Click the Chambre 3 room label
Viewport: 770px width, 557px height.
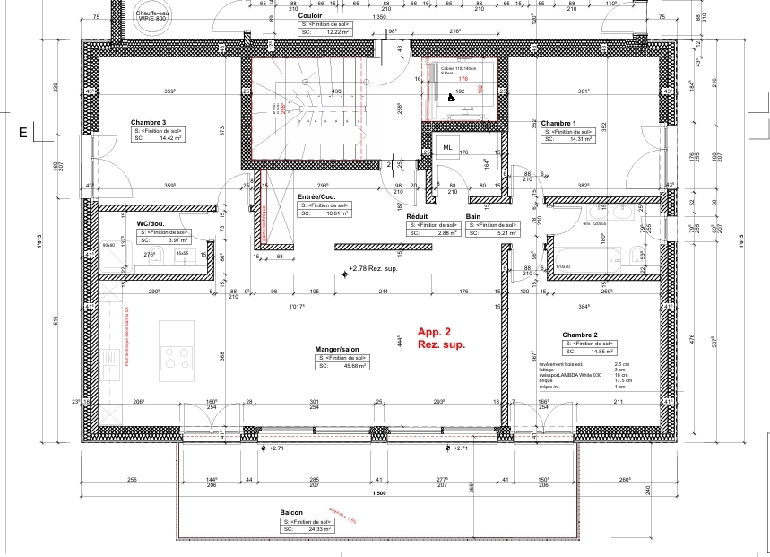pyautogui.click(x=149, y=122)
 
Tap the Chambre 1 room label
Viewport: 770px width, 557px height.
pyautogui.click(x=558, y=122)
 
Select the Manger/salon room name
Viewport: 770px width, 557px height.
pyautogui.click(x=337, y=349)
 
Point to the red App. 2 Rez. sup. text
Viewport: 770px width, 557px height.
pyautogui.click(x=441, y=337)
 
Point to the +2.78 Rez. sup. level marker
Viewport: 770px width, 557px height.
pyautogui.click(x=374, y=268)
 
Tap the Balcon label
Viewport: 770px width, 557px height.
pyautogui.click(x=291, y=513)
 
